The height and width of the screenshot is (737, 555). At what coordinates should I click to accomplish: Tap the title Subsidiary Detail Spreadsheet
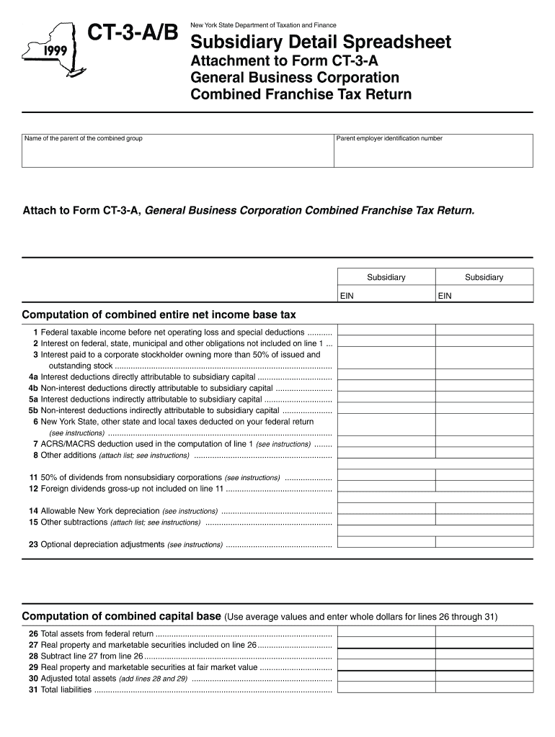pos(321,42)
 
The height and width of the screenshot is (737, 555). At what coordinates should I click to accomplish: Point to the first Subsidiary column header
pos(386,277)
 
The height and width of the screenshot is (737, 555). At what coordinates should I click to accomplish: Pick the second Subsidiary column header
pos(484,277)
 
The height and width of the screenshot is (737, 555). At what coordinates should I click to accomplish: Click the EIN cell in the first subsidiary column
pos(386,295)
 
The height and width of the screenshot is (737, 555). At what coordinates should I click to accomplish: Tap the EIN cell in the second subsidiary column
pos(484,295)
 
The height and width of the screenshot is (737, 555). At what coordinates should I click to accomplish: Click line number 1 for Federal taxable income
pos(35,333)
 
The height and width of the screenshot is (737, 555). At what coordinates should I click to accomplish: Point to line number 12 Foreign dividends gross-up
pos(33,489)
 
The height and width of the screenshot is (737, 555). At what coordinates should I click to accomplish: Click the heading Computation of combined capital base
pos(121,617)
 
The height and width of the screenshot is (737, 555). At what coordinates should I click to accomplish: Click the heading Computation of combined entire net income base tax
pos(159,315)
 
